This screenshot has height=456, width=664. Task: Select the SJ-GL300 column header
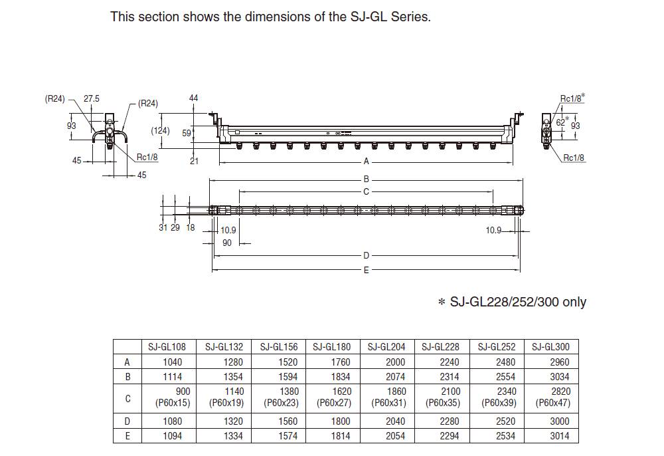tap(551, 346)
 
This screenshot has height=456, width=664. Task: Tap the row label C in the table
tap(127, 398)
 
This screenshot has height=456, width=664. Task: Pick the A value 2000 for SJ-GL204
tap(387, 362)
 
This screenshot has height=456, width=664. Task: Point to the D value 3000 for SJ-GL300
tap(551, 421)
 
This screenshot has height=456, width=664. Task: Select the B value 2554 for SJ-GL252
tap(497, 376)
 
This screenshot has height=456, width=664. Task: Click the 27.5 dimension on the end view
tap(92, 98)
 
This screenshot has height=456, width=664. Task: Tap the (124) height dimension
tap(162, 130)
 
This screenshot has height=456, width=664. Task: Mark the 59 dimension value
tap(187, 132)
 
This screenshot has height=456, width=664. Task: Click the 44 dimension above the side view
tap(194, 98)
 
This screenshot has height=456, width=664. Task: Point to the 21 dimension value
tap(193, 160)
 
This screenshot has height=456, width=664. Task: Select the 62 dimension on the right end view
tap(560, 122)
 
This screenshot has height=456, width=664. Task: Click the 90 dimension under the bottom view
tap(226, 243)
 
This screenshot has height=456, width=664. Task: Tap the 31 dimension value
tap(163, 228)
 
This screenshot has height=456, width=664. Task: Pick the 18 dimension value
tap(191, 228)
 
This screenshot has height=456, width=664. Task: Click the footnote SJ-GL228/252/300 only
tap(512, 302)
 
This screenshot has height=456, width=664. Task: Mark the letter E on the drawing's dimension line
tap(366, 270)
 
